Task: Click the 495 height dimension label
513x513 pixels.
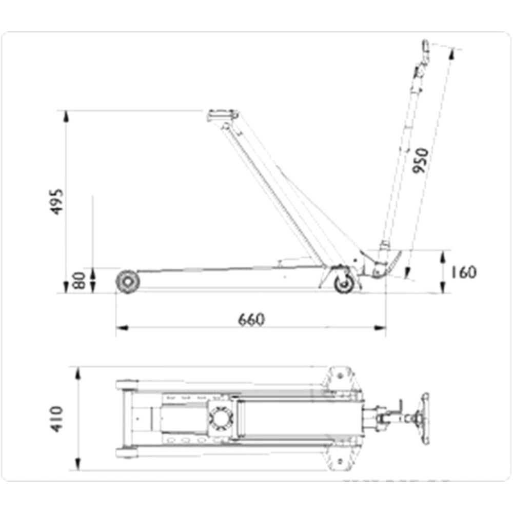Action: [57, 201]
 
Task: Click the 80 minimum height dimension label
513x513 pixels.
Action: [80, 281]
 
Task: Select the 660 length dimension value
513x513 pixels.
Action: [251, 320]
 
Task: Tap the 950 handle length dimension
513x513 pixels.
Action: [420, 160]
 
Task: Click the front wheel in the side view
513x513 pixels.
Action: [127, 282]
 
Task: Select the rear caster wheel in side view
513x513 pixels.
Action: [344, 283]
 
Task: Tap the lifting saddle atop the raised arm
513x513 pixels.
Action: [223, 114]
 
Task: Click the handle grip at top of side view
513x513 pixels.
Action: [424, 47]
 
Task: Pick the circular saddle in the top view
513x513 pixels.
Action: [220, 419]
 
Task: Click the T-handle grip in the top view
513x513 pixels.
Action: [424, 419]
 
